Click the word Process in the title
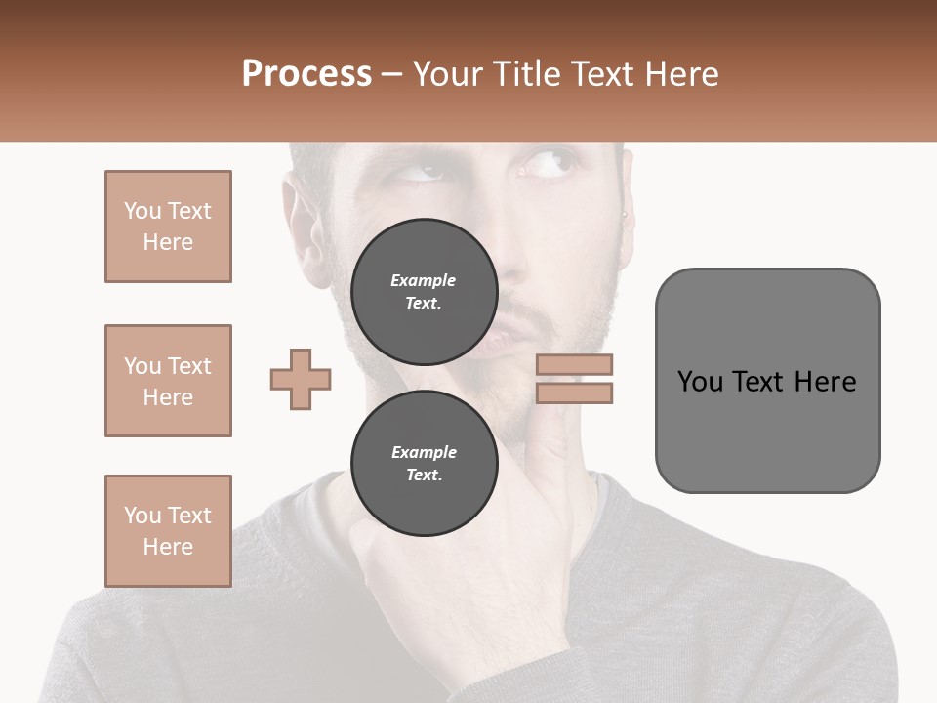[306, 74]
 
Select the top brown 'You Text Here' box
[168, 227]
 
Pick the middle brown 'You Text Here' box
[168, 381]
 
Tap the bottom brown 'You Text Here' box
[168, 531]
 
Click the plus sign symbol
[301, 379]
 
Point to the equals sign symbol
[575, 379]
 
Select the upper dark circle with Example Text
[424, 292]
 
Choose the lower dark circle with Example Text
[424, 464]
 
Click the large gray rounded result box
[767, 381]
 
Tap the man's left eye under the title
[422, 172]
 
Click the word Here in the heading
[679, 74]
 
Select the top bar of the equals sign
[575, 365]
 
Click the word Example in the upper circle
[423, 280]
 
